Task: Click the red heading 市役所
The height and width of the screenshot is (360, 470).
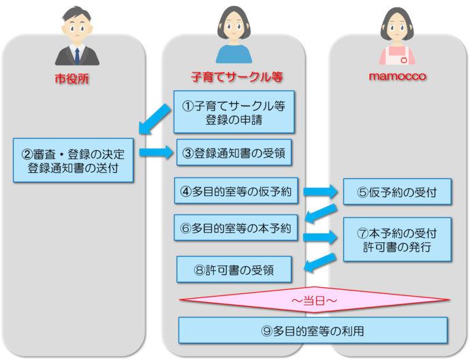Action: [72, 79]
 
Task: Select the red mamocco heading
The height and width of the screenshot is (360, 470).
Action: [397, 76]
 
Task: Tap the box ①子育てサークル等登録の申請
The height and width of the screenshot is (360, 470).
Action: [234, 112]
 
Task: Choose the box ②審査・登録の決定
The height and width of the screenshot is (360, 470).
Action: [73, 160]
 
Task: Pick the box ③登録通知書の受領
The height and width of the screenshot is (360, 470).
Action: [234, 153]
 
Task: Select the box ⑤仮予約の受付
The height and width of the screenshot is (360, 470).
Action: [397, 193]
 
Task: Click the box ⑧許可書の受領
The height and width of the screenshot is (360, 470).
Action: [234, 269]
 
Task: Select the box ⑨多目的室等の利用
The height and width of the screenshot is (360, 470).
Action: [313, 331]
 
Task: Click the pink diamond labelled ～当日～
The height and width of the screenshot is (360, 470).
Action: [314, 299]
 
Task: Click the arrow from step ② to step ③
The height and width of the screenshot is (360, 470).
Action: [157, 152]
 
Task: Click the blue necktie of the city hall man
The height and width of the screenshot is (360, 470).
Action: [76, 54]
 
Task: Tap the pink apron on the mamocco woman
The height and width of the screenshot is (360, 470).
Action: [397, 56]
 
